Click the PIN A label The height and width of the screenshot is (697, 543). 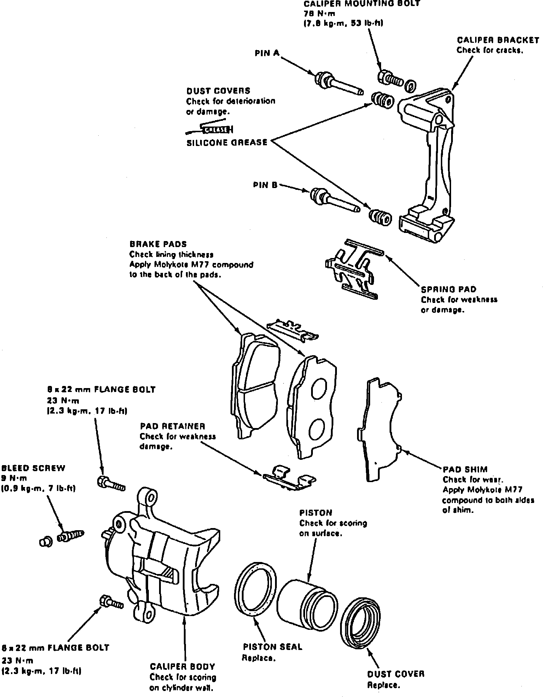point(267,53)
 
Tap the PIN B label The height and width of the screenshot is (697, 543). point(265,185)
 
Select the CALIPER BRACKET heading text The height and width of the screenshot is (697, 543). point(498,40)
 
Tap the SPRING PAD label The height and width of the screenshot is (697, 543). point(449,289)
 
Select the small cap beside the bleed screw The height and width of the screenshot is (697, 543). point(46,541)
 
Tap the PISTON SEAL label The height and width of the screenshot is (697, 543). point(272,647)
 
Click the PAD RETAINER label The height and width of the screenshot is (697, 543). point(173,426)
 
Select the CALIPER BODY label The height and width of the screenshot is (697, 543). point(182,667)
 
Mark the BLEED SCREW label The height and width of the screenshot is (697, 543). point(34,468)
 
